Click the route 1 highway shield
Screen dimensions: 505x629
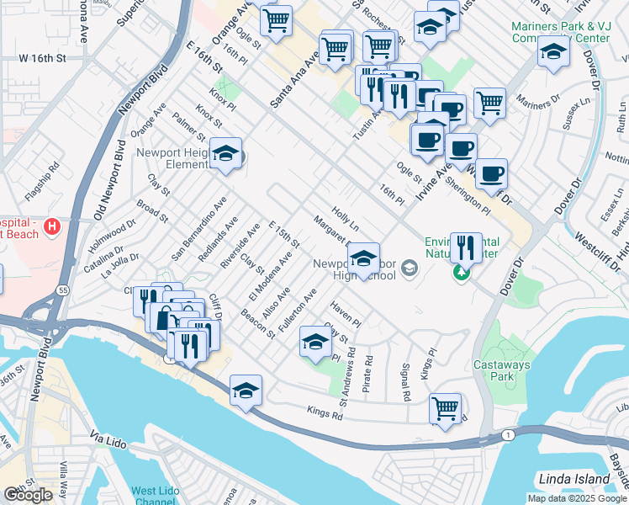[x=507, y=434]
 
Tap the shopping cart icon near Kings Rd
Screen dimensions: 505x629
[x=445, y=408]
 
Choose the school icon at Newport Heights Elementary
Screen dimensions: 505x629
[x=225, y=153]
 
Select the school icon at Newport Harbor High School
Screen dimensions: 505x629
[x=363, y=258]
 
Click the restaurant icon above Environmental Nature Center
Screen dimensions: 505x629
[x=466, y=247]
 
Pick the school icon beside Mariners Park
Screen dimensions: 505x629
[x=552, y=52]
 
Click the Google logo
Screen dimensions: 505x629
[x=28, y=496]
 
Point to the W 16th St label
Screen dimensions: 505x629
[x=41, y=58]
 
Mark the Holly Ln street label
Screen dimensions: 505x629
[x=346, y=221]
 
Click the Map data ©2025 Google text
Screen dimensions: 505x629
[x=577, y=498]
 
